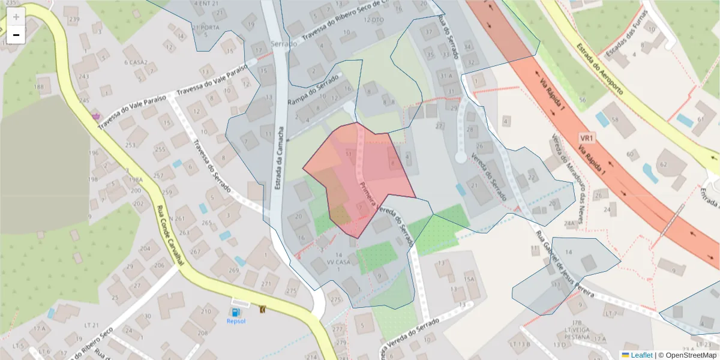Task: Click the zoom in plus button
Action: point(16,16)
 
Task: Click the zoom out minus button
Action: point(16,35)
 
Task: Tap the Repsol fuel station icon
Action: point(236,313)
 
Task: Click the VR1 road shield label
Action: point(587,139)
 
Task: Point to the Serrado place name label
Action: point(283,44)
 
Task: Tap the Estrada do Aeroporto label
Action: point(599,69)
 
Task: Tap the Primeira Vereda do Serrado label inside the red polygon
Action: point(384,213)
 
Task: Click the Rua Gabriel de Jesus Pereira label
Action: point(563,265)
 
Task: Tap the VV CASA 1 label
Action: point(335,262)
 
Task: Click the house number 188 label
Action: point(40,87)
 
